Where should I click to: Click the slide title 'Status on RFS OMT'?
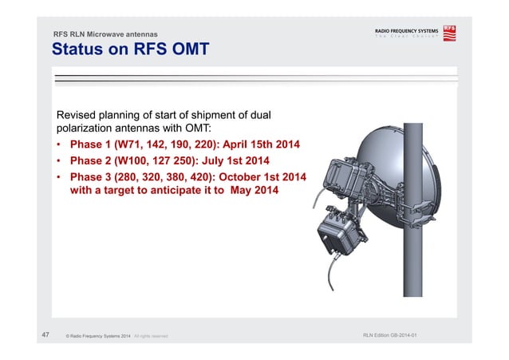coord(130,50)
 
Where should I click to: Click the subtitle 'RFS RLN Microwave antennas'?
coord(105,34)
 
